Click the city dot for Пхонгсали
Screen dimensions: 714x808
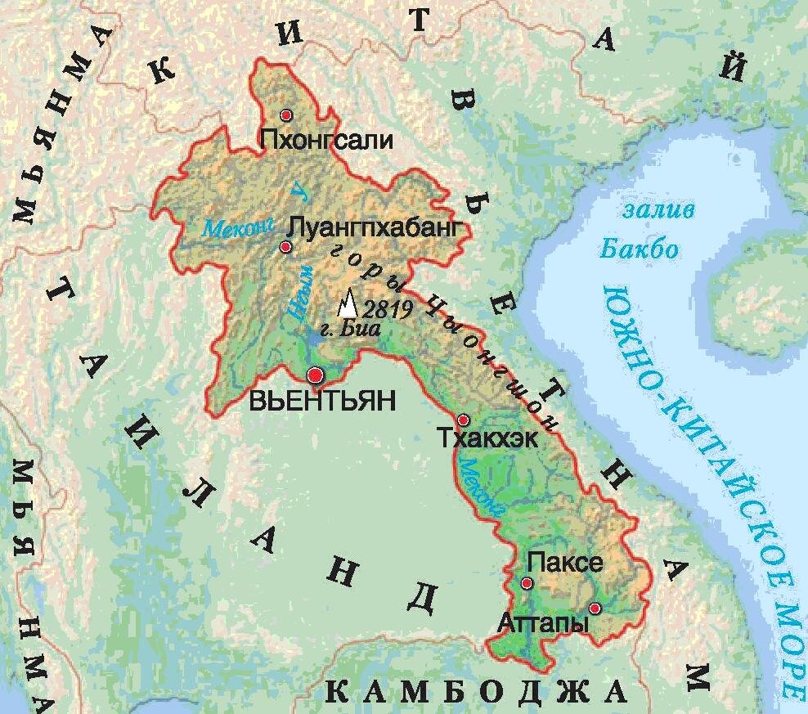pos(285,115)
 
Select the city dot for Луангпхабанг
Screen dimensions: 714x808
pos(285,247)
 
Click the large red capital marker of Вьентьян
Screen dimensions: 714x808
pos(316,375)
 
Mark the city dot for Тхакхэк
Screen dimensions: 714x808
pos(463,420)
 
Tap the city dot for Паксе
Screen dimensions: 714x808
pos(527,583)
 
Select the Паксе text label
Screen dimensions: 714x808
pos(565,563)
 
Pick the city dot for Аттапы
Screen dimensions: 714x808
pos(595,608)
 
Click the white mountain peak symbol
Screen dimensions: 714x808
pos(348,305)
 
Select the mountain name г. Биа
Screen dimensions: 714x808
pos(361,330)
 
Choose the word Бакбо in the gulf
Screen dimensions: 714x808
pos(640,249)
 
